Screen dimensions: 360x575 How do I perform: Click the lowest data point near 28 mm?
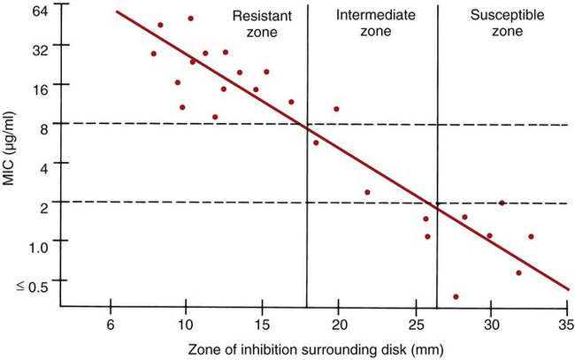click(456, 297)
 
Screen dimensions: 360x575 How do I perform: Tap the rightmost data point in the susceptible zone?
click(531, 236)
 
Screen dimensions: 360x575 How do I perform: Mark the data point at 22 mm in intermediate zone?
click(367, 192)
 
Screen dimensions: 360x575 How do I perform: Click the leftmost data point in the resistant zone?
click(153, 53)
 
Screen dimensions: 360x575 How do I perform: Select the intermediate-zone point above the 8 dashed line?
click(336, 109)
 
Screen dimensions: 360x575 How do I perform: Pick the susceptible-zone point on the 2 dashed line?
click(502, 203)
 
